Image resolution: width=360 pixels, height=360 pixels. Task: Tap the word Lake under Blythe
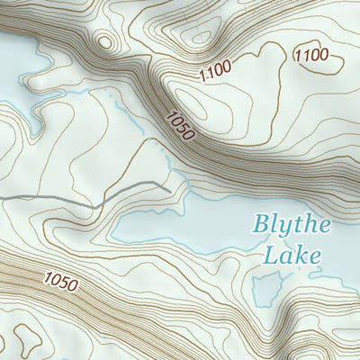pos(292,255)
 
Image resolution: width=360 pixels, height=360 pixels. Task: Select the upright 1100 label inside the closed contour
pos(311,56)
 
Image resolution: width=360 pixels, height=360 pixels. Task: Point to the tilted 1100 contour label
pos(215,67)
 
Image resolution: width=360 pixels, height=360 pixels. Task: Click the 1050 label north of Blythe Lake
pos(180,124)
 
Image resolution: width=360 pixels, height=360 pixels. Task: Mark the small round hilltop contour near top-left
pos(105,41)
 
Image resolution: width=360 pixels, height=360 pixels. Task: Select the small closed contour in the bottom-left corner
pos(27,340)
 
